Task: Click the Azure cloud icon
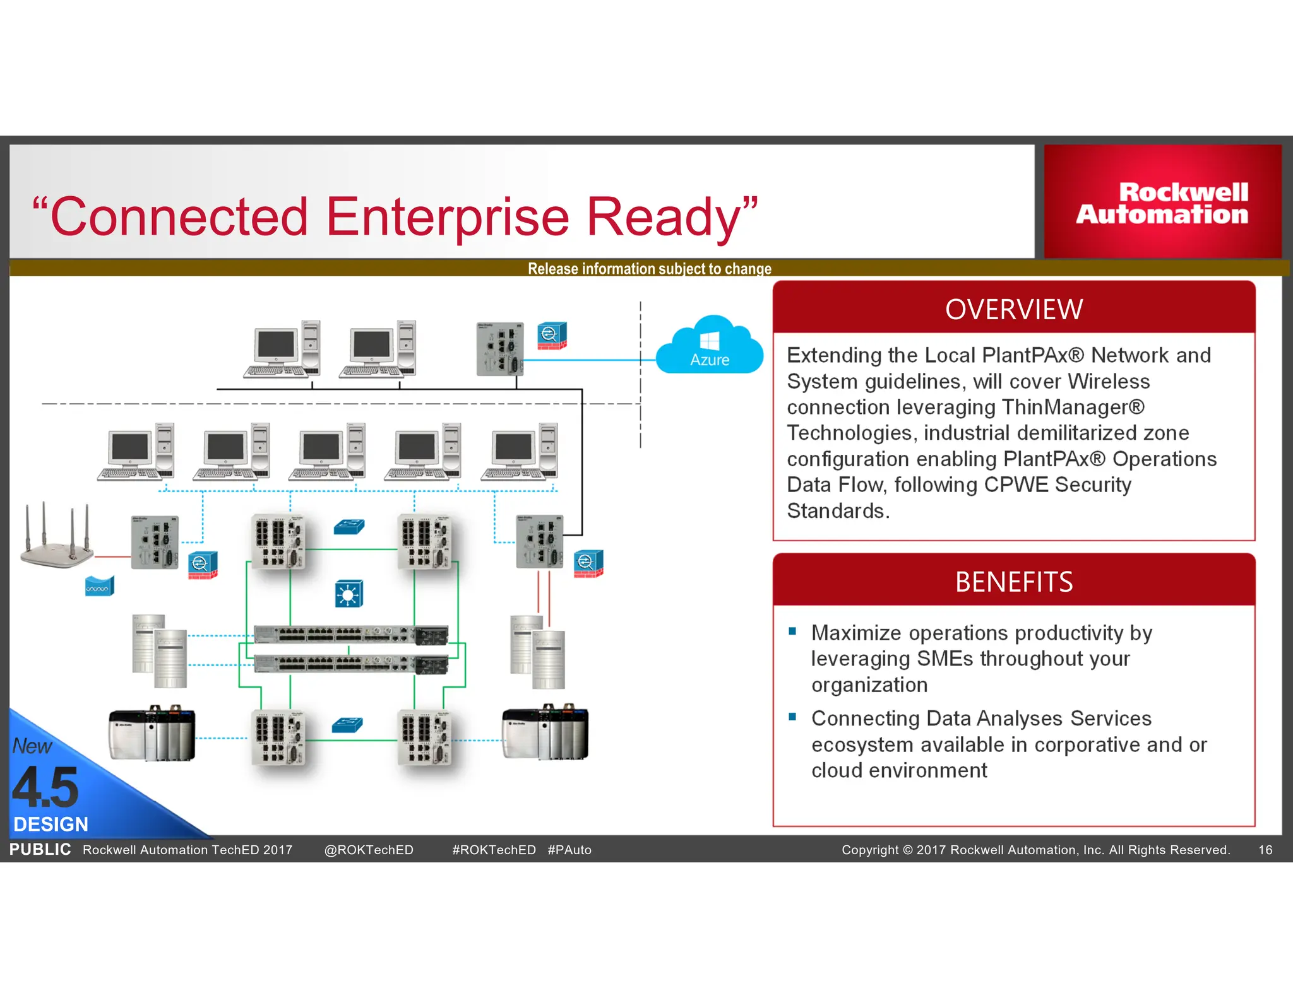[710, 346]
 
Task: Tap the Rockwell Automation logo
[1162, 203]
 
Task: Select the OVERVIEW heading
[1013, 309]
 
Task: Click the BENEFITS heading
[1013, 582]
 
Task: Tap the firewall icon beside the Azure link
[552, 336]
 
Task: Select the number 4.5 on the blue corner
[45, 788]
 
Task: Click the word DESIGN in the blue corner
[51, 824]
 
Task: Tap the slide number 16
[1265, 850]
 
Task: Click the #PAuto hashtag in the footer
[569, 850]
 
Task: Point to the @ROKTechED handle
[369, 850]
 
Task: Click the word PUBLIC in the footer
[40, 849]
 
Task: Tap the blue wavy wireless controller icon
[99, 587]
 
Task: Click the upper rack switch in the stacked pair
[351, 635]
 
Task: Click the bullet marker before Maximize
[792, 631]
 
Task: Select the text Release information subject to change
[649, 269]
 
